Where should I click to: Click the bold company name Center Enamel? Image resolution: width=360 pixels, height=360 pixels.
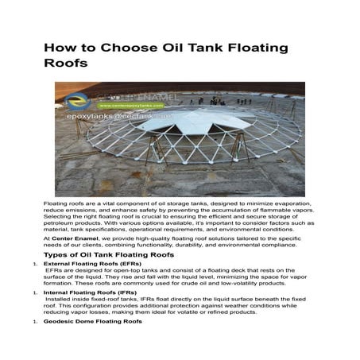point(74,237)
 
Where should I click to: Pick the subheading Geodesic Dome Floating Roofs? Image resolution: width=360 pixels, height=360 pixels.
point(94,323)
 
